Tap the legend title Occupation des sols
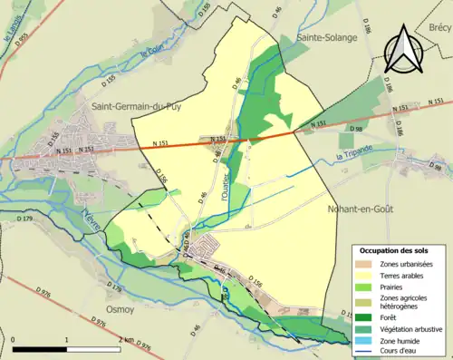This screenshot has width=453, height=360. click(395, 249)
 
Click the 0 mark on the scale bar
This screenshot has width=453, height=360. click(14, 337)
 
